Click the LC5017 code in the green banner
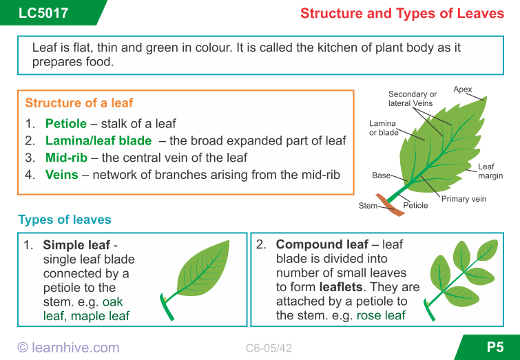[43, 13]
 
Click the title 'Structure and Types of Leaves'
[402, 13]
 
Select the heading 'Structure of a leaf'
[79, 103]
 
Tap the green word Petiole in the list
[66, 124]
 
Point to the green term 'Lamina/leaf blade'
[98, 140]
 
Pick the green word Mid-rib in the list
[66, 158]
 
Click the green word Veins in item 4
[61, 175]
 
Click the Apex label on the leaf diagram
[463, 89]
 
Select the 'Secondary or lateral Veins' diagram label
[413, 98]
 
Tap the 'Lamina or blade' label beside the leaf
[384, 128]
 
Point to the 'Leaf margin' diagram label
[486, 171]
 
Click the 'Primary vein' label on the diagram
[464, 199]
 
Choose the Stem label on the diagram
[367, 206]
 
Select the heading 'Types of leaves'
[64, 220]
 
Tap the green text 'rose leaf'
[380, 316]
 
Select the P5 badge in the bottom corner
[495, 348]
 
